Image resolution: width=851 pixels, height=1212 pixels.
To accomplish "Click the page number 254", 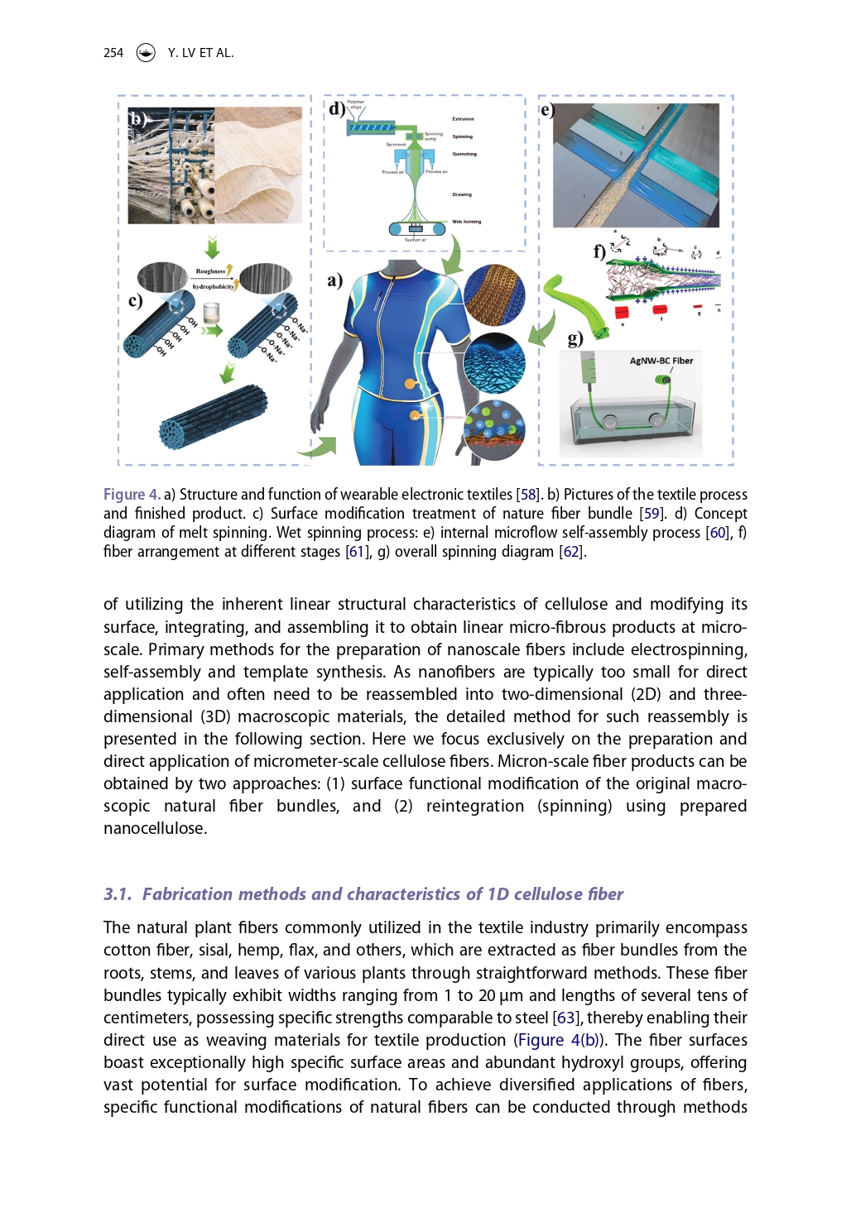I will [113, 53].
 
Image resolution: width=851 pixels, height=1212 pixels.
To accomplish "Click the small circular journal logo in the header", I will [146, 53].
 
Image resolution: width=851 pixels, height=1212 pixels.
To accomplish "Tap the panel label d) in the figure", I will [337, 109].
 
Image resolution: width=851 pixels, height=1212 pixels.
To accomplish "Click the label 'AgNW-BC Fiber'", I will [661, 361].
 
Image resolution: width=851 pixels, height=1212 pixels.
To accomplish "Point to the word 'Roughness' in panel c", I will [210, 271].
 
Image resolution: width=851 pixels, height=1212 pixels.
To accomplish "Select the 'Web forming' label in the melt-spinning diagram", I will [466, 222].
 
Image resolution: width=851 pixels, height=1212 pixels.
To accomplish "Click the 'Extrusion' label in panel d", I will [463, 119].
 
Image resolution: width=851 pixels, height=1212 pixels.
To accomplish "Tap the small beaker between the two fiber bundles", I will [211, 314].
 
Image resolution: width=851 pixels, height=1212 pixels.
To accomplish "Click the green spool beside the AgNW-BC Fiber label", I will [662, 380].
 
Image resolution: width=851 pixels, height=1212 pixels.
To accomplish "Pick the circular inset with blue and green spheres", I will [494, 429].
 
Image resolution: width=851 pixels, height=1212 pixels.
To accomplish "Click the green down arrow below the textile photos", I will [213, 247].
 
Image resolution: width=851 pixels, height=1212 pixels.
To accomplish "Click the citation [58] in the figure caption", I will [528, 495].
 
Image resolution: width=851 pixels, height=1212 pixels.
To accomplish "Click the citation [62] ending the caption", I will [571, 552].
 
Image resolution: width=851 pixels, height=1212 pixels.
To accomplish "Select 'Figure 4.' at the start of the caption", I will [132, 495].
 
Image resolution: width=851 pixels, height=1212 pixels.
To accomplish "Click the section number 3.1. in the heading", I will [118, 894].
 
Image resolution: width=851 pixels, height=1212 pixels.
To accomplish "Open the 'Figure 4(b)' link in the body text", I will [560, 1040].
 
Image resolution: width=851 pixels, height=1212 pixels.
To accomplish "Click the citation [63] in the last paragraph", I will [566, 1018].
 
